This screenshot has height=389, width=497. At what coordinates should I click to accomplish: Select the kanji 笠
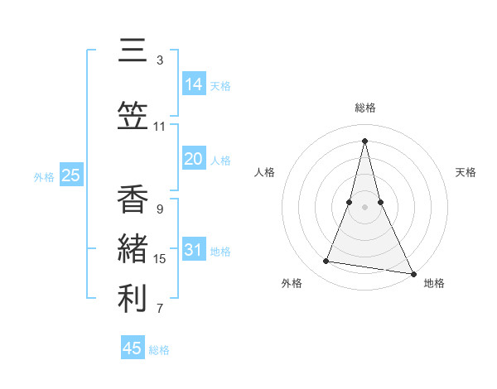click(133, 117)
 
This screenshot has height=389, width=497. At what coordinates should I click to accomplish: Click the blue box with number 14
click(193, 84)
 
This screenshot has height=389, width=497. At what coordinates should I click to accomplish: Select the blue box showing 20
click(193, 159)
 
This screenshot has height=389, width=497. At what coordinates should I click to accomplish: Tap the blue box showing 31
click(193, 250)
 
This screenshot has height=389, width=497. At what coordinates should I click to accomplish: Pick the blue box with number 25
click(70, 175)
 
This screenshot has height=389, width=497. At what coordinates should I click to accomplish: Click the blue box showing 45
click(133, 348)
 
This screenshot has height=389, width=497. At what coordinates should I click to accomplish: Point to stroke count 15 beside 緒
click(160, 259)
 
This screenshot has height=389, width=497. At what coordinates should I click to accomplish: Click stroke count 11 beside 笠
click(160, 127)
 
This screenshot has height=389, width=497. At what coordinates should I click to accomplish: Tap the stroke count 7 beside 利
click(160, 310)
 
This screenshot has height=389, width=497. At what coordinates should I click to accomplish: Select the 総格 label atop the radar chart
click(364, 108)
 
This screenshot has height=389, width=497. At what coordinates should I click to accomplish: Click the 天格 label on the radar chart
click(466, 172)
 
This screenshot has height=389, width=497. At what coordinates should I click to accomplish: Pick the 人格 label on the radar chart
click(264, 172)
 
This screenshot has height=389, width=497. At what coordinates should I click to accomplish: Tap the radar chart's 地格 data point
click(413, 272)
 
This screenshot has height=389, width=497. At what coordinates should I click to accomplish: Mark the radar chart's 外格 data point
click(326, 262)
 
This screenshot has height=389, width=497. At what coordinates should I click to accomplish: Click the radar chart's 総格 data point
click(364, 140)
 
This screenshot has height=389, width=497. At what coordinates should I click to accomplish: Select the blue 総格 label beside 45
click(159, 350)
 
